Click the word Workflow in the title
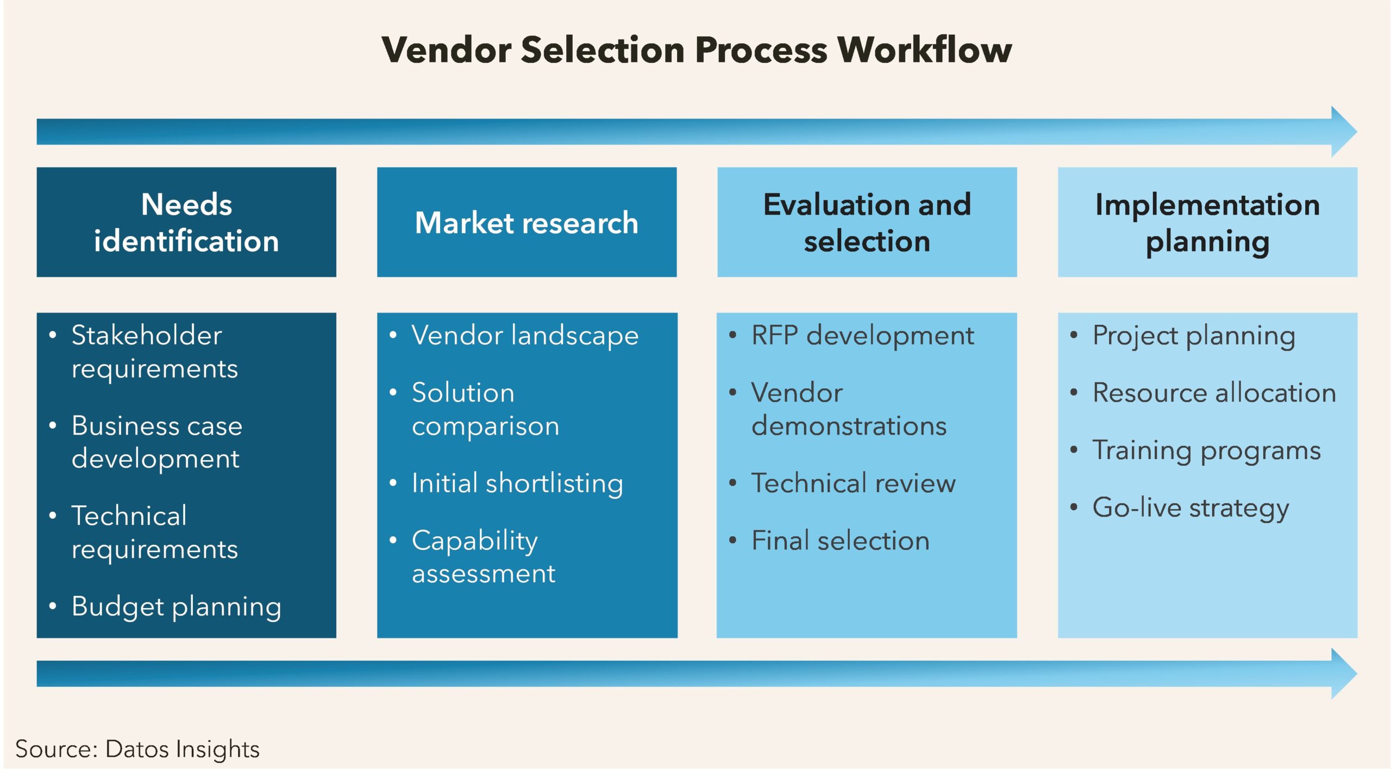[x=925, y=50]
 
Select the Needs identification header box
[x=186, y=222]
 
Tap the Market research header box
[x=527, y=222]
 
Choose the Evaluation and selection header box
[x=867, y=222]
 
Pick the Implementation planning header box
[x=1207, y=222]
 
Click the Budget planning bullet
[x=176, y=606]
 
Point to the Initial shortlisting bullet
[x=517, y=483]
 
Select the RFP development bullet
[x=862, y=335]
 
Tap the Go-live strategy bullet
[x=1190, y=508]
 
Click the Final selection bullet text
[x=840, y=541]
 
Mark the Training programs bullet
[x=1206, y=450]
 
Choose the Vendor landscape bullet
[x=524, y=335]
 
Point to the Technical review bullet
[x=853, y=483]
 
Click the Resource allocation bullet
[x=1214, y=393]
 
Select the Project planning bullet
[x=1194, y=335]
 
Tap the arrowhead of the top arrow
[x=1343, y=131]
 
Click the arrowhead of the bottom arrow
[x=1343, y=674]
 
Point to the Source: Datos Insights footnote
[x=137, y=749]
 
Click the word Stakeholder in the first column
[x=147, y=335]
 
